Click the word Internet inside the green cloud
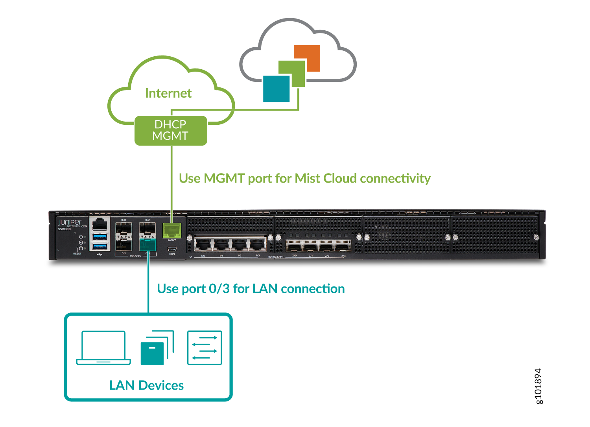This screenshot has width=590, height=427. (168, 93)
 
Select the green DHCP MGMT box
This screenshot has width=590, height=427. (171, 130)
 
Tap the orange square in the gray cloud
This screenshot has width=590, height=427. (307, 58)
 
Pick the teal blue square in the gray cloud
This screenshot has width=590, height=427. (276, 89)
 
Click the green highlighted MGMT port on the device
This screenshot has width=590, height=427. (172, 230)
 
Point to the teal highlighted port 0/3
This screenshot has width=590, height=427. (147, 245)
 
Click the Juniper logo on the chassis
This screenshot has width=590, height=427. (70, 222)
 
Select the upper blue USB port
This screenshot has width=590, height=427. (100, 237)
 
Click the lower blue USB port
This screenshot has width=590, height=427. (100, 247)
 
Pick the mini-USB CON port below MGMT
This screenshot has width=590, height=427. (172, 249)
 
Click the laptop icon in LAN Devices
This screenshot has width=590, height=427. (103, 348)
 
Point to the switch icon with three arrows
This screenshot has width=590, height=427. (205, 348)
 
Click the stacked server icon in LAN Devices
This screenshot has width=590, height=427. (157, 348)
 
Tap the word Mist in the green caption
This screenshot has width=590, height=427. (307, 178)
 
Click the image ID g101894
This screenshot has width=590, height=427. (538, 386)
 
